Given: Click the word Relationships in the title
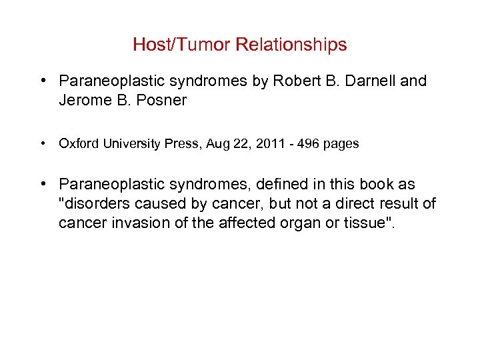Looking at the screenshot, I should tap(290, 45).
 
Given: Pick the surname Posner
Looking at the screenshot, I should tap(163, 100).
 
